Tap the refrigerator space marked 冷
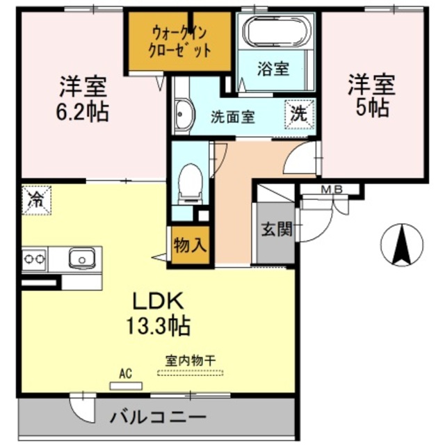tap(35, 200)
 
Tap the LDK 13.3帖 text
tap(159, 312)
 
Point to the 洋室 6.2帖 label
tap(83, 99)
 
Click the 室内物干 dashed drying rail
tap(191, 373)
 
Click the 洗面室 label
tap(233, 116)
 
